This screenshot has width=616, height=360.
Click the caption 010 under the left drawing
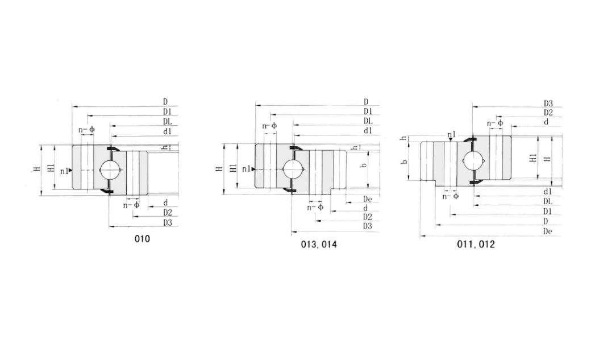coord(142,239)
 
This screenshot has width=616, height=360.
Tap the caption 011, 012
coord(476,244)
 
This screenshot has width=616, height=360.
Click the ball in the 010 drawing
coord(109,169)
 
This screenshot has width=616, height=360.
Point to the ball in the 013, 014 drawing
coord(293,169)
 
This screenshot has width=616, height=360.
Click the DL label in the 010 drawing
coord(167,121)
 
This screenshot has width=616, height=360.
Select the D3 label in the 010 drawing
coord(167,222)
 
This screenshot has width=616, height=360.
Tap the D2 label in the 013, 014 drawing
coord(367,217)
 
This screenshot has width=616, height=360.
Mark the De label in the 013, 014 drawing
coord(367,199)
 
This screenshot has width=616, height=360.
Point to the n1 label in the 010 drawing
coord(65,171)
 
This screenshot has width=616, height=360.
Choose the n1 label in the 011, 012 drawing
coord(451,135)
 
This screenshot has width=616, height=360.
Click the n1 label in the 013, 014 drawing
coord(246,169)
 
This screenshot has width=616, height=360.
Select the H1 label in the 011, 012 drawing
coord(532,158)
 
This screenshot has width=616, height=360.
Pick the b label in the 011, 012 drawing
coord(405,162)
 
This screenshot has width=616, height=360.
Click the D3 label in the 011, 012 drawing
coord(548,104)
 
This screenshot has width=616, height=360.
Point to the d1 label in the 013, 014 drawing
coord(367,130)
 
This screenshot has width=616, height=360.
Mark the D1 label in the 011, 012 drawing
coord(548,211)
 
